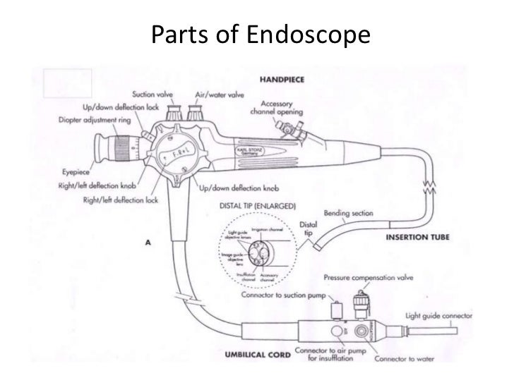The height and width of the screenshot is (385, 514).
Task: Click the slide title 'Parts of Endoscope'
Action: tap(260, 33)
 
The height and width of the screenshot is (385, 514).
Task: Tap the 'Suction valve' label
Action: tap(155, 94)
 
